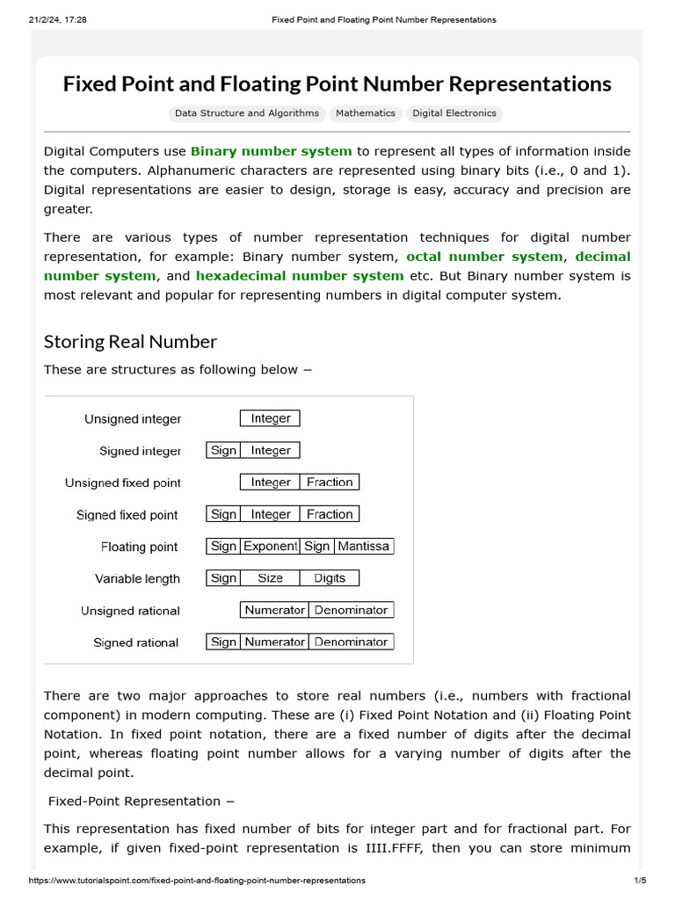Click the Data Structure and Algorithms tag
coord(247,113)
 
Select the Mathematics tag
coord(366,113)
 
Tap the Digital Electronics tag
coord(454,113)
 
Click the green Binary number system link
coord(271,151)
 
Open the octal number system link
coord(484,257)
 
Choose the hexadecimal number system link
coord(300,276)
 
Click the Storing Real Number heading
coord(130,341)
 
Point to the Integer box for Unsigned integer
coord(271,418)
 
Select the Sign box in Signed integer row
coord(223,450)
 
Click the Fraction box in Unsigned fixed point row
coord(330,482)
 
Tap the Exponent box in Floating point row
coord(270,546)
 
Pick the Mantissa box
coord(363,546)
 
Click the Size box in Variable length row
coord(271,578)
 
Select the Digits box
coord(330,578)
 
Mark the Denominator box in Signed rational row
coord(351,642)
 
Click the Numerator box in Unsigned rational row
coord(274,610)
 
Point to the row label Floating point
coord(139,547)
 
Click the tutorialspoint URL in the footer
coord(198,880)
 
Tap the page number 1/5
coord(639,880)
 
